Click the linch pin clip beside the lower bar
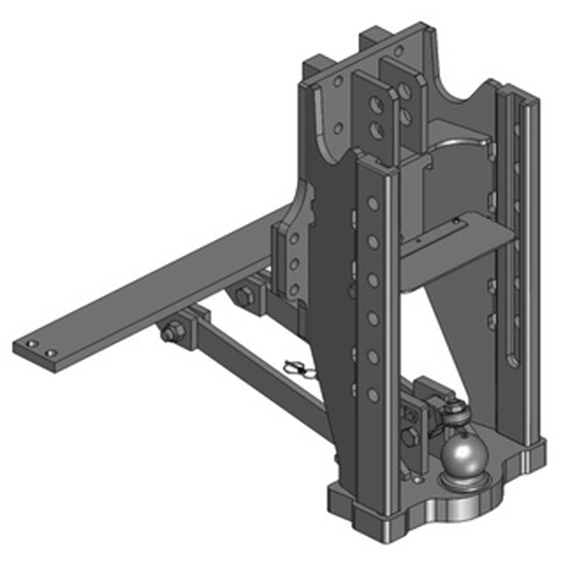[x=298, y=368]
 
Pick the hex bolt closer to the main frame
[x=244, y=296]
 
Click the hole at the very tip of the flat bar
[x=32, y=344]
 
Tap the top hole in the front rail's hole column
[x=373, y=203]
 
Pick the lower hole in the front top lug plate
[x=376, y=131]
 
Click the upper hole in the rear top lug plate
[x=403, y=88]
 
